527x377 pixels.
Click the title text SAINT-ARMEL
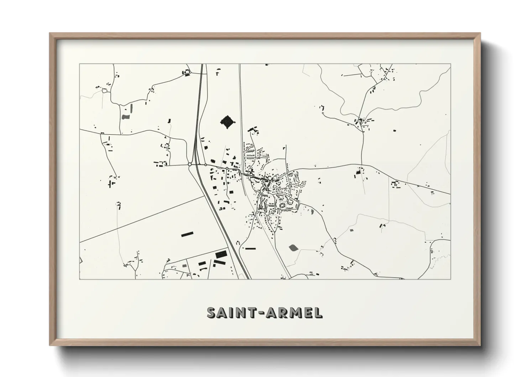pyautogui.click(x=265, y=313)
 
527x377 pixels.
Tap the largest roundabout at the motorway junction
pyautogui.click(x=190, y=164)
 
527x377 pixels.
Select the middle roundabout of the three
pyautogui.click(x=205, y=165)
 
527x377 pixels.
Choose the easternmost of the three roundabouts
pyautogui.click(x=226, y=168)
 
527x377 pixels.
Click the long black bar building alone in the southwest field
pyautogui.click(x=187, y=234)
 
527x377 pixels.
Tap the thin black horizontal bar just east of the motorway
pyautogui.click(x=250, y=248)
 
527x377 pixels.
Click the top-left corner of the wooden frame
pyautogui.click(x=50, y=34)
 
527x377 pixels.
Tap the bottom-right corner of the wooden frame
pyautogui.click(x=479, y=345)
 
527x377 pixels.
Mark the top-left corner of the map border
pyautogui.click(x=79, y=64)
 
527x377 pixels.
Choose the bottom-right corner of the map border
pyautogui.click(x=450, y=279)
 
